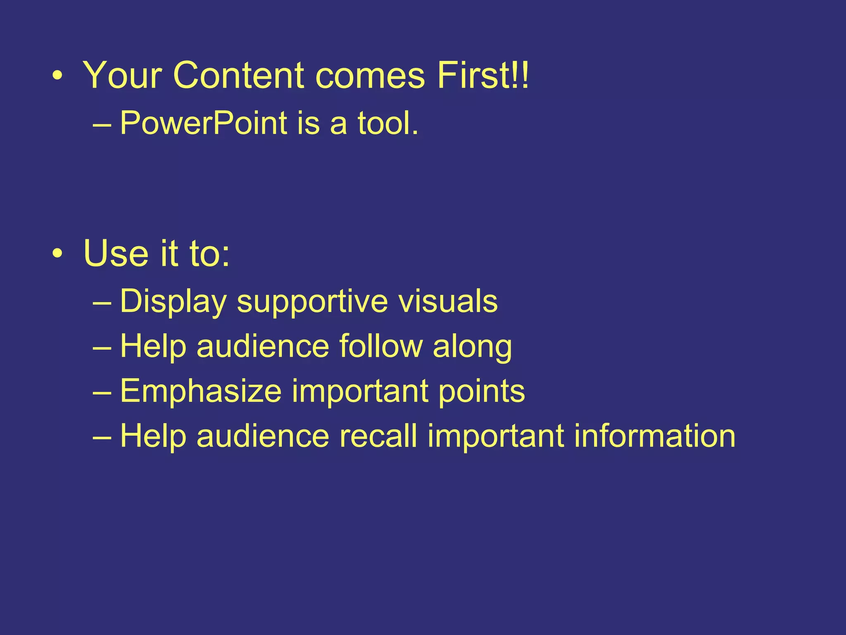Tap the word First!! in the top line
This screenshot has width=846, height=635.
(482, 75)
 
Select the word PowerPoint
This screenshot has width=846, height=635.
(203, 123)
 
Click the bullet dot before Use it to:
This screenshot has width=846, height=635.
(58, 253)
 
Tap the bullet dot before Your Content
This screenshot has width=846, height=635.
(58, 76)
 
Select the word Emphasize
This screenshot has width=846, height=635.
(201, 391)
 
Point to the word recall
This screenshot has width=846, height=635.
(378, 436)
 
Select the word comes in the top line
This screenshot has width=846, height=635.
(370, 76)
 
